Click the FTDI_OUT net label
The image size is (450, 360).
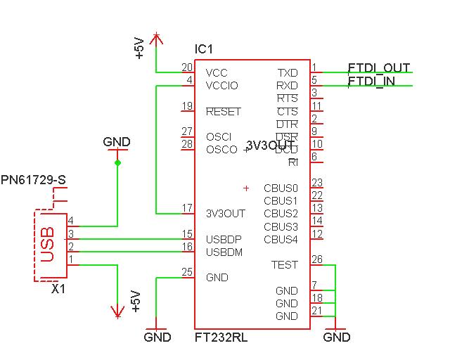379,68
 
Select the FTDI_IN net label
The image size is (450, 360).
371,82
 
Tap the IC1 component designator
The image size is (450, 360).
203,49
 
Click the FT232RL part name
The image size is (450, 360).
221,337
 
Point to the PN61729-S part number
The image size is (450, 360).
34,181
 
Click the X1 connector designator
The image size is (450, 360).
59,288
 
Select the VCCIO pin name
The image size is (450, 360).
221,86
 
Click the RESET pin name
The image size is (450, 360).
223,112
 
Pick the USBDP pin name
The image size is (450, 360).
224,239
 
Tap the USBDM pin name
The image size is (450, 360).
224,252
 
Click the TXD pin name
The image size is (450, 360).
288,73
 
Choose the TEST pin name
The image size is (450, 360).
285,265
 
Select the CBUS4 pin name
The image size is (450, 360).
281,239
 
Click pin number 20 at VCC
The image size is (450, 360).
187,67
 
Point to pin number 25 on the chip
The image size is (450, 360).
187,272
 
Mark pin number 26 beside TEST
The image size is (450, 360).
317,259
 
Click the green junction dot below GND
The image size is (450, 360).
117,163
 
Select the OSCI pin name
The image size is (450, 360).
218,136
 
